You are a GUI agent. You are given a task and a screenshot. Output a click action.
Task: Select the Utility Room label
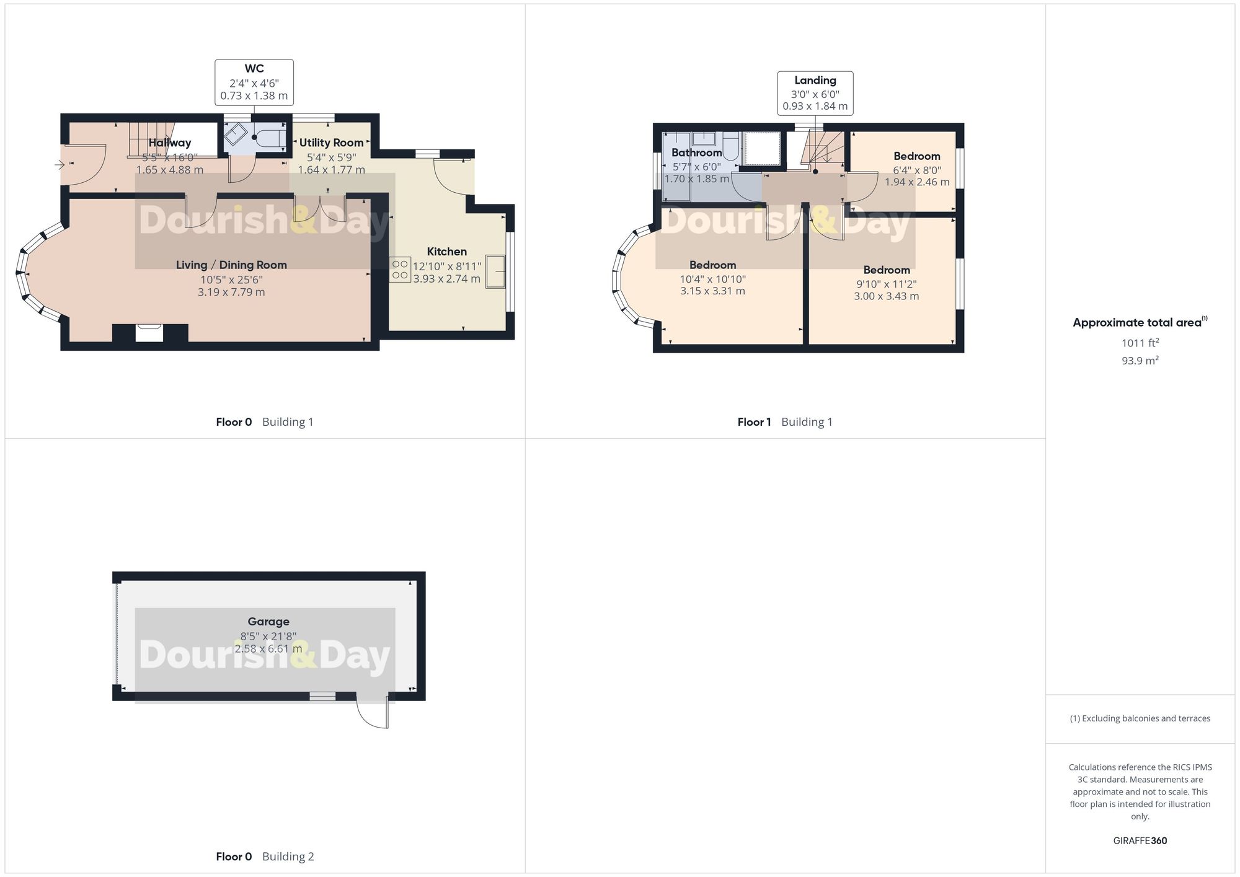pyautogui.click(x=331, y=143)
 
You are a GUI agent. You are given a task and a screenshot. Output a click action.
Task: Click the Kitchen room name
pyautogui.click(x=446, y=252)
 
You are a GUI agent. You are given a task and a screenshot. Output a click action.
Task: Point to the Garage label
pyautogui.click(x=268, y=622)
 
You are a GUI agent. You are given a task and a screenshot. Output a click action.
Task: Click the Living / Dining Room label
pyautogui.click(x=231, y=265)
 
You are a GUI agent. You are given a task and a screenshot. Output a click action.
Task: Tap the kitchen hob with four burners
pyautogui.click(x=400, y=270)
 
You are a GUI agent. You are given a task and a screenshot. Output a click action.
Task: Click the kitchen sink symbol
pyautogui.click(x=495, y=271)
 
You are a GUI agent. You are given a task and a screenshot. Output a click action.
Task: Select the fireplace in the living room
pyautogui.click(x=149, y=333)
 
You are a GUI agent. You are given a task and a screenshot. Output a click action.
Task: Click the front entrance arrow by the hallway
pyautogui.click(x=60, y=165)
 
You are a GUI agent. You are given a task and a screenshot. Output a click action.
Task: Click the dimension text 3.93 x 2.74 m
pyautogui.click(x=446, y=279)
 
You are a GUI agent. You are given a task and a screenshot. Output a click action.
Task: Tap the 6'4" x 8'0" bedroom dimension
pyautogui.click(x=917, y=170)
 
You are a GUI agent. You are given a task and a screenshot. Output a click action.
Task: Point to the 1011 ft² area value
pyautogui.click(x=1140, y=343)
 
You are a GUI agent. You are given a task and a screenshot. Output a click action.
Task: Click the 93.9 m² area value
pyautogui.click(x=1140, y=360)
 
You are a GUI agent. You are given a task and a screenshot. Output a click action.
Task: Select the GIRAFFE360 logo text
pyautogui.click(x=1140, y=840)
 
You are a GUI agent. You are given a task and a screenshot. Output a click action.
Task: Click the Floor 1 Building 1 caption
pyautogui.click(x=785, y=422)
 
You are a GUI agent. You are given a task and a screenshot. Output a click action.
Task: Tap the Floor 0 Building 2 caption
pyautogui.click(x=265, y=857)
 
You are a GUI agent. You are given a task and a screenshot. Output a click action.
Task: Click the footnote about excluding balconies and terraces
pyautogui.click(x=1140, y=718)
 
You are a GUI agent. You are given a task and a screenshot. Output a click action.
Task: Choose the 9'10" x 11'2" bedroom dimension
pyautogui.click(x=886, y=284)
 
